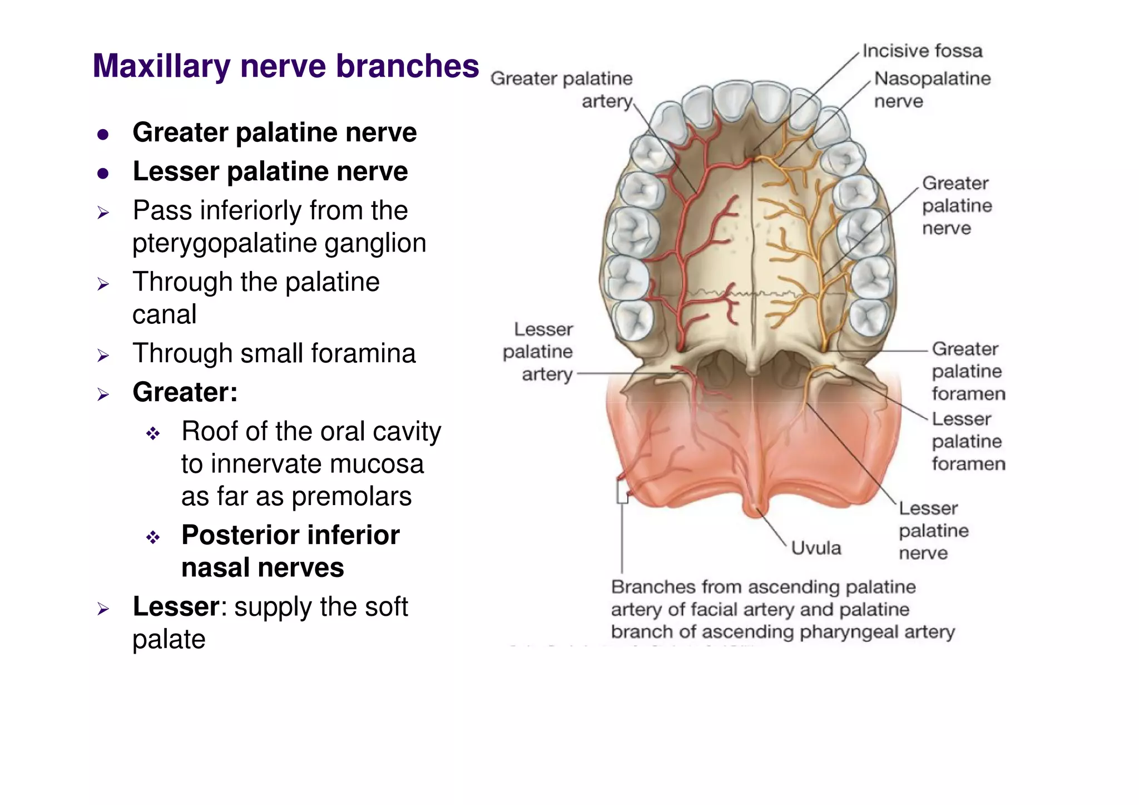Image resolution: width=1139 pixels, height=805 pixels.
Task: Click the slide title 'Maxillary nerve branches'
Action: tap(285, 66)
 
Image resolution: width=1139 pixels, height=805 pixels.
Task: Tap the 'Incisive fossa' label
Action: tap(922, 51)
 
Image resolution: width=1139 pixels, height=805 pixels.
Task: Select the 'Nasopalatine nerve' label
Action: tap(932, 90)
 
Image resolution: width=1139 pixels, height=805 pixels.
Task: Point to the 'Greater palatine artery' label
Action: tap(562, 90)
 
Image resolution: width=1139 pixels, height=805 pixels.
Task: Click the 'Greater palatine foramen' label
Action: tap(968, 371)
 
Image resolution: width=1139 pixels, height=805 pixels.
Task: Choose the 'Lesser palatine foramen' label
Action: tap(968, 441)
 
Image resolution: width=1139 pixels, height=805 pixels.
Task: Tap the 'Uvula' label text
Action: tap(816, 548)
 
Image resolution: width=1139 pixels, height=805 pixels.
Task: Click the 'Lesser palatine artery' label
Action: tap(538, 352)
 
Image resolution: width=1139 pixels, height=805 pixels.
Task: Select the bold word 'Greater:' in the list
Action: tap(185, 392)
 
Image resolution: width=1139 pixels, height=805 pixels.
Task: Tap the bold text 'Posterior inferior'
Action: tap(290, 535)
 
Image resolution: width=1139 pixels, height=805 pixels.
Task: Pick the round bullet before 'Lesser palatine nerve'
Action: tap(103, 174)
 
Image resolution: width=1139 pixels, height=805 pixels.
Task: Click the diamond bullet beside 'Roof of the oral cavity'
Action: tap(153, 433)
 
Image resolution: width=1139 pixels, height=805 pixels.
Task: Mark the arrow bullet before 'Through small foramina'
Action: tap(103, 355)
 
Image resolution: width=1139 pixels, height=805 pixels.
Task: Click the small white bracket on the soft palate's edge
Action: tap(622, 492)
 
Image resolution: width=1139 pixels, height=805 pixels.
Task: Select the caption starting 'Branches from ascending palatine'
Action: tap(782, 609)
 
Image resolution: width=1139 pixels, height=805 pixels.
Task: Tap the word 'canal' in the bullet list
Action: tap(165, 314)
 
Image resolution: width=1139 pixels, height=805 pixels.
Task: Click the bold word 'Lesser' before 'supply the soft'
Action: tap(176, 606)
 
